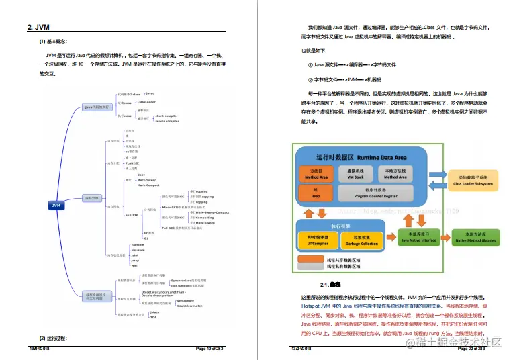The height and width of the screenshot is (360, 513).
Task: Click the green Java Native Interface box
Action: coord(418,237)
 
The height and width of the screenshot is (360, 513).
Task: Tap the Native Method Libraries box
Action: coord(474,237)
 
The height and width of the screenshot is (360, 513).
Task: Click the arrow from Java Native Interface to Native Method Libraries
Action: coord(445,237)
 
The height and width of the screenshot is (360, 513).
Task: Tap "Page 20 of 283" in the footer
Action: coord(475,349)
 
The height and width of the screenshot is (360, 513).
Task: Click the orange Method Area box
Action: coord(316,174)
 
